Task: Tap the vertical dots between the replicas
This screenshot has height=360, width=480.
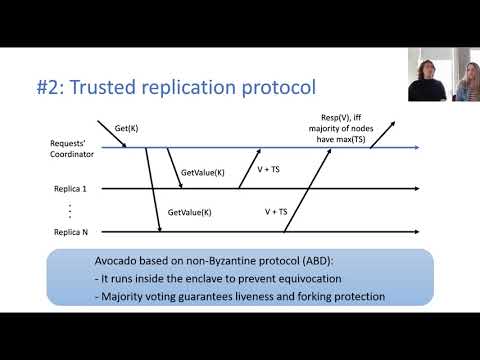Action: (x=69, y=210)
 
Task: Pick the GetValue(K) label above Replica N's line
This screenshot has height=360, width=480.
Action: (x=189, y=212)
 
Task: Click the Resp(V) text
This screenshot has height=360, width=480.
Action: (x=322, y=117)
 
